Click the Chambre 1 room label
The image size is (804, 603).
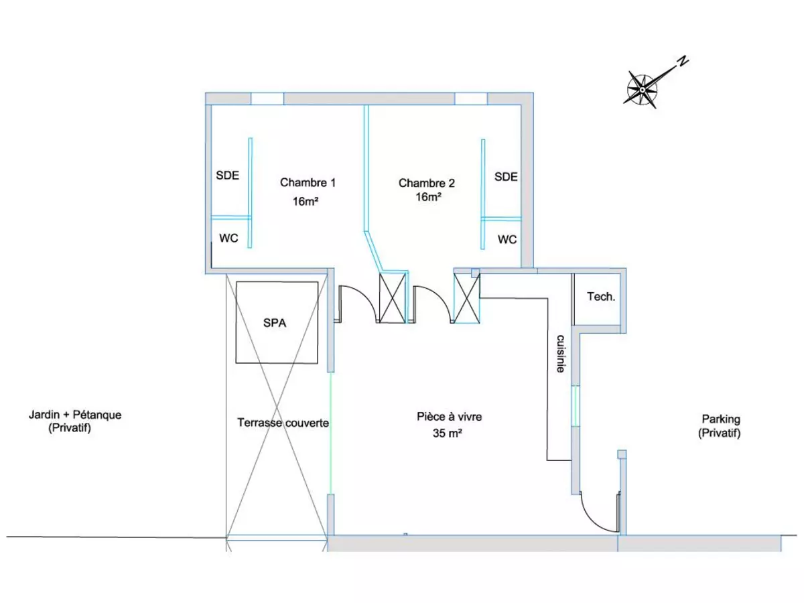tap(308, 182)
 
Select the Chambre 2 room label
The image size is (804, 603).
tap(426, 183)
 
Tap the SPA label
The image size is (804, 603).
tap(275, 323)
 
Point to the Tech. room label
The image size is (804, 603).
tap(601, 297)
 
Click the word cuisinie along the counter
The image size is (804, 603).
tap(560, 354)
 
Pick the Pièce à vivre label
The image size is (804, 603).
tap(449, 417)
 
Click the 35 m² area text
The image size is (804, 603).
tap(448, 433)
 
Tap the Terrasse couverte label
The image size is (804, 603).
tap(283, 423)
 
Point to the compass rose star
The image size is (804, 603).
tap(642, 90)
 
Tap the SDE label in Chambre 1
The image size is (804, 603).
tap(227, 176)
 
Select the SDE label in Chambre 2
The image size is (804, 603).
tap(506, 177)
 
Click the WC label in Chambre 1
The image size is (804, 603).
tap(228, 239)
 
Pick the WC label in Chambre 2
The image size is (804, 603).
tap(507, 239)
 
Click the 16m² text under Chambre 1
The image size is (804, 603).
tap(306, 201)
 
